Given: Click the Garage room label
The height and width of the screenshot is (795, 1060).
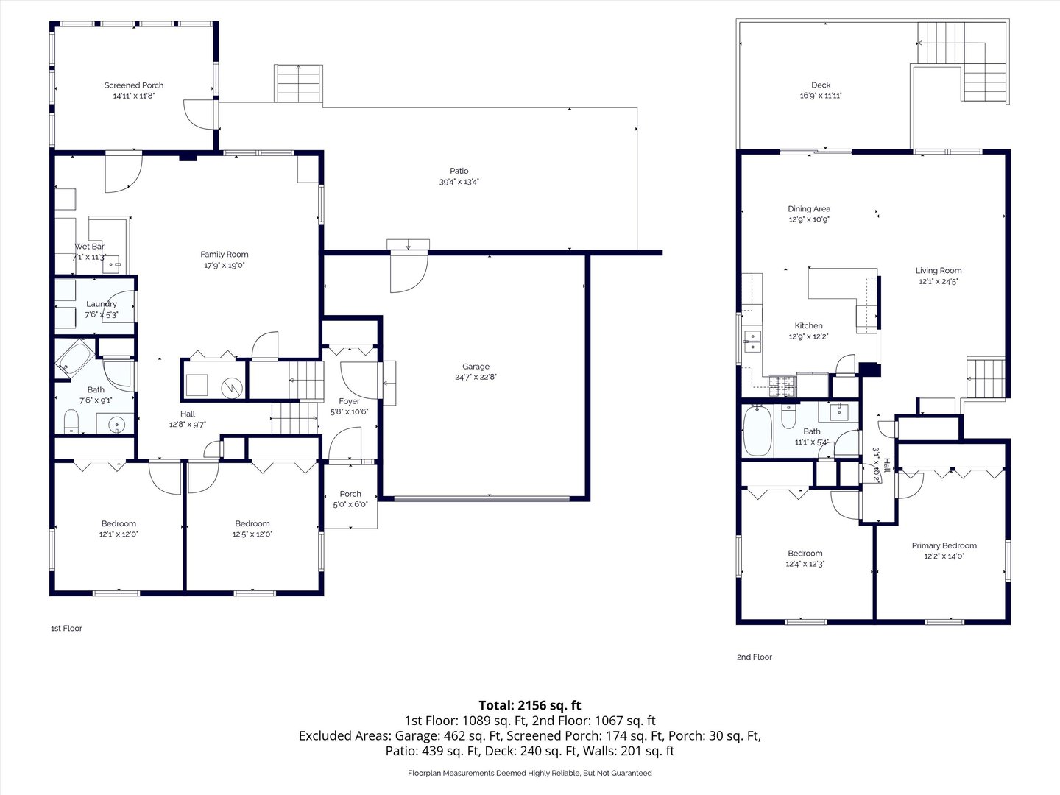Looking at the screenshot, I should pyautogui.click(x=476, y=367).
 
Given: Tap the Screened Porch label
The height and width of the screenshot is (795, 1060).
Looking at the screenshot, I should pyautogui.click(x=134, y=85).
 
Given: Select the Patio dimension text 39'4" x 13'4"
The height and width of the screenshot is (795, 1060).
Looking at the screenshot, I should pyautogui.click(x=459, y=182).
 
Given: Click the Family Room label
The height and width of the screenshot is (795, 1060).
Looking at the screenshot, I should pyautogui.click(x=225, y=255).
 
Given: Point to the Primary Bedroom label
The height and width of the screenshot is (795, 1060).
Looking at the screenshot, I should pyautogui.click(x=944, y=545).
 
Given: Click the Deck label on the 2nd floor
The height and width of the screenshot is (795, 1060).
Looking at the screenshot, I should pyautogui.click(x=821, y=85).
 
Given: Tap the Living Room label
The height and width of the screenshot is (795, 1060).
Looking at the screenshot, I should pyautogui.click(x=939, y=270).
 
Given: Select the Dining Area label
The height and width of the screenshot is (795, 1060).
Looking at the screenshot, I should pyautogui.click(x=809, y=209).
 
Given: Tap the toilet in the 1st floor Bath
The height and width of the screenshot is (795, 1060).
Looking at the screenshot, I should pyautogui.click(x=71, y=421).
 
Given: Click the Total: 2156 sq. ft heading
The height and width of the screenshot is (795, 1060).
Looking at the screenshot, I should pyautogui.click(x=530, y=705).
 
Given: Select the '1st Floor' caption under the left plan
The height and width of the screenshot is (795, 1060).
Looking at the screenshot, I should pyautogui.click(x=66, y=629).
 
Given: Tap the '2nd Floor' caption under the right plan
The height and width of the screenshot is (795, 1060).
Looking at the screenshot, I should pyautogui.click(x=755, y=657).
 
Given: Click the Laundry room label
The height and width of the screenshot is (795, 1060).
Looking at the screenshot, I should pyautogui.click(x=102, y=304).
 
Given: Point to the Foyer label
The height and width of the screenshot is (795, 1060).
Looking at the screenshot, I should pyautogui.click(x=350, y=401).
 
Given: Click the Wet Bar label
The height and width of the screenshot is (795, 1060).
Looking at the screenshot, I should pyautogui.click(x=89, y=247).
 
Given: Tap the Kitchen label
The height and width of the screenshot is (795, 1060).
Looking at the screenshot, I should pyautogui.click(x=808, y=325).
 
